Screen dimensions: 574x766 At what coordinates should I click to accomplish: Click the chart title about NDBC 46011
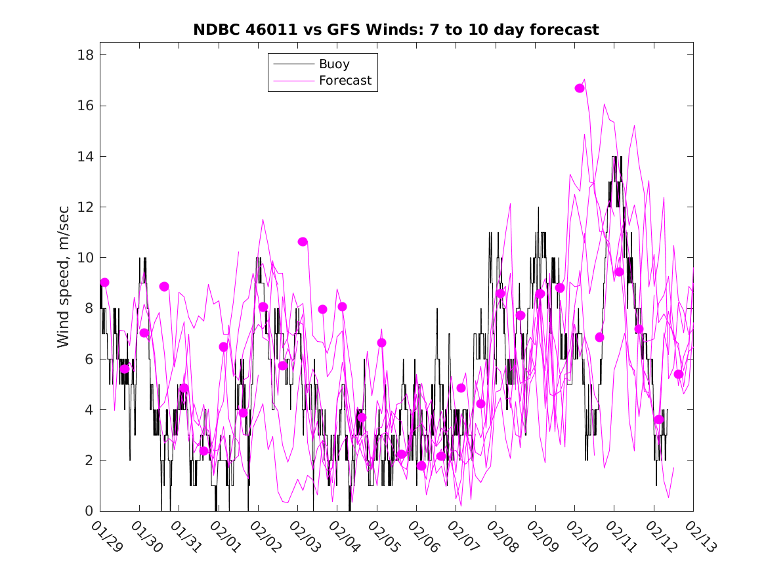click(x=396, y=30)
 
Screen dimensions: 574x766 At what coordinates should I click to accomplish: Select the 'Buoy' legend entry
click(x=334, y=64)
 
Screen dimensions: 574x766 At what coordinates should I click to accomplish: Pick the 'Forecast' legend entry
click(x=345, y=81)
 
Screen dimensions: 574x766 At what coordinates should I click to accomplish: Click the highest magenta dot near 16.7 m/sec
click(x=580, y=88)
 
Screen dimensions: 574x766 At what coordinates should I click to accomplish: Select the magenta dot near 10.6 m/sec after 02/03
click(x=303, y=241)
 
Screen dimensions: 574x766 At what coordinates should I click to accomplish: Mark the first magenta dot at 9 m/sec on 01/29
click(x=104, y=282)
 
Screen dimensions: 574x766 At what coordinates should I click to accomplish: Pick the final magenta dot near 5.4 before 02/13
click(x=679, y=374)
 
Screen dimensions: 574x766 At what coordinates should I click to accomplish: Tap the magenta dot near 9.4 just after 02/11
click(x=619, y=272)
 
